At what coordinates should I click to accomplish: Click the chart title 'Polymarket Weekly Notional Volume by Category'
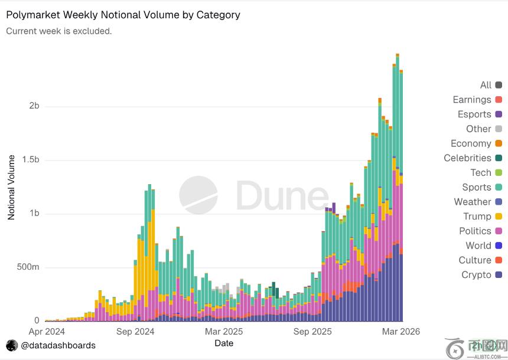(123, 15)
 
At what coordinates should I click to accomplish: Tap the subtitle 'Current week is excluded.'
(58, 31)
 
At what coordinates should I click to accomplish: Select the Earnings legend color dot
(499, 100)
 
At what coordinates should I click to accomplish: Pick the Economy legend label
(471, 143)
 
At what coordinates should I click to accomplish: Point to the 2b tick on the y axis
(34, 106)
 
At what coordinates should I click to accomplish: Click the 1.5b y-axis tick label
(31, 160)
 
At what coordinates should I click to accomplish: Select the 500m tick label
(28, 267)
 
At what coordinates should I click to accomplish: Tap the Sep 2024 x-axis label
(135, 332)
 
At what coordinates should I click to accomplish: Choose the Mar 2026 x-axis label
(400, 332)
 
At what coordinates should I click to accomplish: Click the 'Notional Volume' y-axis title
(11, 187)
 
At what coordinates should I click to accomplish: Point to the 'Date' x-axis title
(223, 343)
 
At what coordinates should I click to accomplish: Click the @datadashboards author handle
(58, 345)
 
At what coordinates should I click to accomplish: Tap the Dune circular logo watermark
(198, 195)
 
